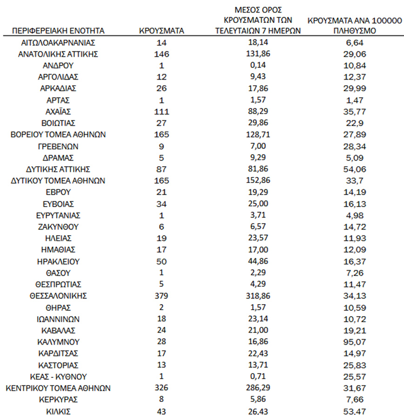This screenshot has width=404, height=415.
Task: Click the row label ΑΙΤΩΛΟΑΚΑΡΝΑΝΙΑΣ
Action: tap(58, 42)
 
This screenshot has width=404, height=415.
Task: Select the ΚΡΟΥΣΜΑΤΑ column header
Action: tap(162, 31)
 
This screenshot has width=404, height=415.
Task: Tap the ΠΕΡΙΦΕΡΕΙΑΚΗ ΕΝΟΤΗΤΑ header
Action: tap(58, 31)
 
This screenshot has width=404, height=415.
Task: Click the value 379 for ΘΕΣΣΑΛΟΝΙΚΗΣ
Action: tap(162, 296)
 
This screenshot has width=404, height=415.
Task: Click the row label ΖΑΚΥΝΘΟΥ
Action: tap(58, 227)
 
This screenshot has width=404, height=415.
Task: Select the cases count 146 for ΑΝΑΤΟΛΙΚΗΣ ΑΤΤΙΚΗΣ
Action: tap(162, 54)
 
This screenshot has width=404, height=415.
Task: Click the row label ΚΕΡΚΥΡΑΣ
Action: tap(58, 400)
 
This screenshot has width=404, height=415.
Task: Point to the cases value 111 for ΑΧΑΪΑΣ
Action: tap(162, 112)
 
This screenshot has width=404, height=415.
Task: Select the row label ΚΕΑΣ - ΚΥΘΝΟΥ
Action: tap(58, 376)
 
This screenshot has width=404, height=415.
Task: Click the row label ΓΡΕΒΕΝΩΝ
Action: tap(58, 146)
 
